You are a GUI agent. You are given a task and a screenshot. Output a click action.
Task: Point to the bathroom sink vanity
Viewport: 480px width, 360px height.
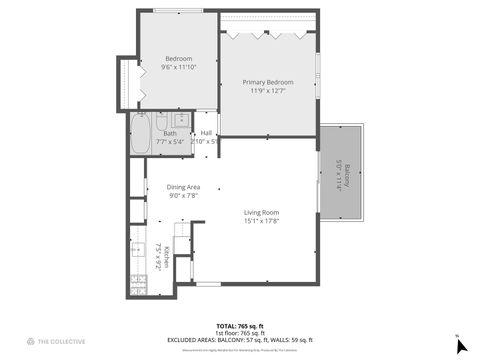tap(180, 121)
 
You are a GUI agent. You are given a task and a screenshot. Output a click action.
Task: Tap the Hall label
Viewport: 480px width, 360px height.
tap(206, 133)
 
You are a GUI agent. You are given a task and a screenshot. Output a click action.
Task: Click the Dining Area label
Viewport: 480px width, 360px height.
tap(183, 187)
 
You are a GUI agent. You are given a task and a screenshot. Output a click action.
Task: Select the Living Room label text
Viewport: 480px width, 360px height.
tap(262, 212)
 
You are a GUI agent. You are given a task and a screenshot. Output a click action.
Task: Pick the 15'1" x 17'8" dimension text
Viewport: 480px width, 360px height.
tap(262, 221)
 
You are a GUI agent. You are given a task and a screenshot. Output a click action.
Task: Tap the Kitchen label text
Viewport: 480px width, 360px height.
tap(167, 257)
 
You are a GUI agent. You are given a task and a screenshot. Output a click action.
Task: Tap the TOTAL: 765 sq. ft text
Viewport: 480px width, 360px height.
tap(240, 326)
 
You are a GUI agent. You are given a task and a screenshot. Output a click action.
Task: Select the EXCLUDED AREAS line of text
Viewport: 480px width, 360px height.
tap(240, 340)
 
